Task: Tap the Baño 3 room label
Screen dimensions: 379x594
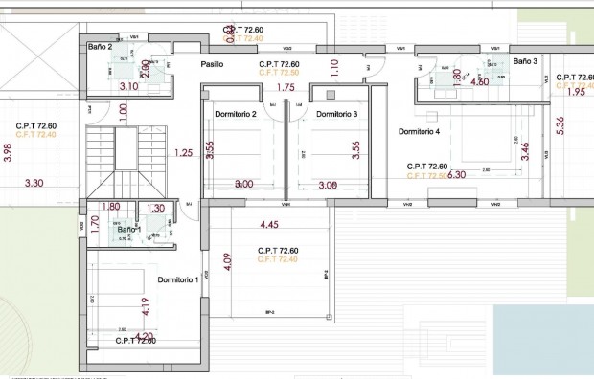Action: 525,61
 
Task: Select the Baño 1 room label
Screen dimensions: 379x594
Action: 129,230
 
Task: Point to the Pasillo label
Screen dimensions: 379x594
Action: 212,64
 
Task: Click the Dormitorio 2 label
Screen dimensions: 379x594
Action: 235,114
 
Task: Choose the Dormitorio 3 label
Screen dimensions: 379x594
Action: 336,114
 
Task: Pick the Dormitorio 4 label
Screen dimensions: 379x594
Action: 419,131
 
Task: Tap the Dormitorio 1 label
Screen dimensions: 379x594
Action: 178,279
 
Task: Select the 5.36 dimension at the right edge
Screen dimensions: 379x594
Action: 560,125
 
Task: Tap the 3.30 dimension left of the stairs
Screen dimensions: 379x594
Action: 34,183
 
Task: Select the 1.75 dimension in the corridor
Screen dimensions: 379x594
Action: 286,88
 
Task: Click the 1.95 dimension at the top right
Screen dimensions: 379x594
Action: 576,92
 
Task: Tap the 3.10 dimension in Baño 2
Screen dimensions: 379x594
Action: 128,86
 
